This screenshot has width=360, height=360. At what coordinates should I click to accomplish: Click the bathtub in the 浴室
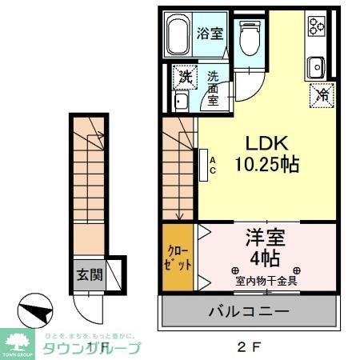coord(178,36)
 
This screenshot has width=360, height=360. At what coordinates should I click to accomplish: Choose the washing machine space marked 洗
coord(185,78)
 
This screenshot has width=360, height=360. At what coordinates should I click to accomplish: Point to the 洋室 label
coord(266,238)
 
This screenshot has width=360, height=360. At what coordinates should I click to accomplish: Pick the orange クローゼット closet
coord(178,258)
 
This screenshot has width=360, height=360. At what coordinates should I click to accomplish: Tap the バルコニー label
coord(252,311)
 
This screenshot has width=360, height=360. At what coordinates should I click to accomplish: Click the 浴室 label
coord(210,34)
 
